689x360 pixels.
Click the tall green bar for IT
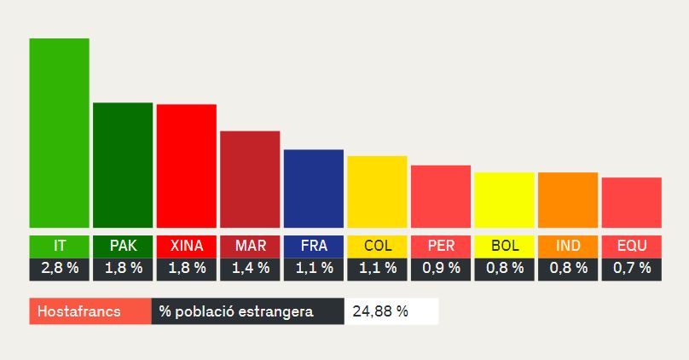click(x=59, y=133)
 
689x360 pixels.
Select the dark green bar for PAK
click(x=123, y=165)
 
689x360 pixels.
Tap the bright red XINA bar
click(x=186, y=166)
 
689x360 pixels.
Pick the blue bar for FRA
click(x=313, y=189)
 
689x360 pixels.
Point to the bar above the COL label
click(x=377, y=192)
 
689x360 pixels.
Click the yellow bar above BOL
click(x=504, y=200)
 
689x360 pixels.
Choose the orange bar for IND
click(x=568, y=200)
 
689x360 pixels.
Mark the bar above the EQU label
click(x=631, y=203)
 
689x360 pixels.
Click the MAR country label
click(x=250, y=247)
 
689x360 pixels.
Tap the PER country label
click(x=441, y=247)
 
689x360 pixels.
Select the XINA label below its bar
click(x=186, y=247)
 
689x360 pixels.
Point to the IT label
click(x=59, y=247)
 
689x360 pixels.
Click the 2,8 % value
click(x=59, y=268)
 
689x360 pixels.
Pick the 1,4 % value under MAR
click(x=250, y=268)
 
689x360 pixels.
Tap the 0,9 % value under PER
click(x=441, y=268)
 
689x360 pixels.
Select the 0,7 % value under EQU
click(x=631, y=268)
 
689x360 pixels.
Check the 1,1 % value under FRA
click(x=313, y=268)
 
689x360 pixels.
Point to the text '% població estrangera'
click(x=236, y=311)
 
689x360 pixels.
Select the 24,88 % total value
click(x=379, y=311)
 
